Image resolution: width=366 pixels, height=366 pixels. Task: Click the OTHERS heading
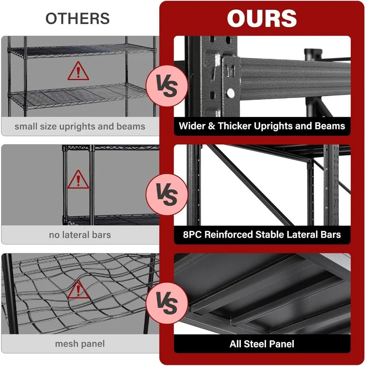pyautogui.click(x=77, y=18)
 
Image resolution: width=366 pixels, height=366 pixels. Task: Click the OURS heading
pyautogui.click(x=262, y=18)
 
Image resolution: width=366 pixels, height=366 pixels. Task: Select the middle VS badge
pyautogui.click(x=167, y=195)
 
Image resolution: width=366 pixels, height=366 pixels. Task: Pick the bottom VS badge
pyautogui.click(x=167, y=303)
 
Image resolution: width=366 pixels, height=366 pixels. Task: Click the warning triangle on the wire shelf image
pyautogui.click(x=78, y=72)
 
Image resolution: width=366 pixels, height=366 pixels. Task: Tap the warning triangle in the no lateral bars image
pyautogui.click(x=78, y=180)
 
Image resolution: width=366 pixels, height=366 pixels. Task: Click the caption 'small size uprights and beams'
pyautogui.click(x=80, y=126)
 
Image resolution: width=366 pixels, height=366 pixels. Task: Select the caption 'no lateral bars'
pyautogui.click(x=80, y=235)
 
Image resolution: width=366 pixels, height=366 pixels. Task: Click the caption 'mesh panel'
pyautogui.click(x=80, y=344)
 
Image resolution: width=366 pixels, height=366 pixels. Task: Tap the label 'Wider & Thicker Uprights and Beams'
pyautogui.click(x=262, y=126)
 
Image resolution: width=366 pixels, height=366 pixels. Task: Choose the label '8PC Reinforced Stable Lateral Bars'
pyautogui.click(x=262, y=234)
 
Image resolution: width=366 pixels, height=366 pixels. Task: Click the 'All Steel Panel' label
pyautogui.click(x=262, y=344)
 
